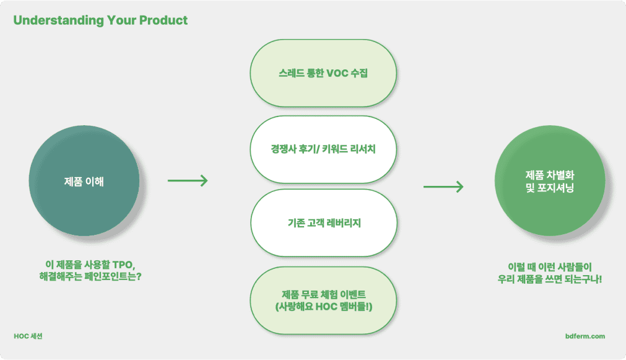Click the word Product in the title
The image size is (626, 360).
point(163,20)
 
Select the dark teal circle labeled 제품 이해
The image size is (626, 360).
point(84,180)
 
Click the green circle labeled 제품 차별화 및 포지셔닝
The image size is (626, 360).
point(550,180)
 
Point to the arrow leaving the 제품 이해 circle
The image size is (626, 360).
point(188,180)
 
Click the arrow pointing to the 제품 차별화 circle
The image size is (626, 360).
point(443,187)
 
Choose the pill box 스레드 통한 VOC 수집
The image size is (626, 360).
point(323,73)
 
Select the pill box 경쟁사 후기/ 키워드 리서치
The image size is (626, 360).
point(323,149)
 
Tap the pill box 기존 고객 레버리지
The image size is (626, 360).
point(324,223)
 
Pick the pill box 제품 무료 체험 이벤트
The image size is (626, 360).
point(323,301)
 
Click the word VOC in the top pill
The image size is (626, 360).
point(337,73)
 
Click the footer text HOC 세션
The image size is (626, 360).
point(28,336)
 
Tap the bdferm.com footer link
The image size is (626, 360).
point(585,336)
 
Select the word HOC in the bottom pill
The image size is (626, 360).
point(326,307)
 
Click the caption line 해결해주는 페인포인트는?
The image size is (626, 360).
point(90,276)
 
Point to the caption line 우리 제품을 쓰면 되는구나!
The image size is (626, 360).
point(549,279)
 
